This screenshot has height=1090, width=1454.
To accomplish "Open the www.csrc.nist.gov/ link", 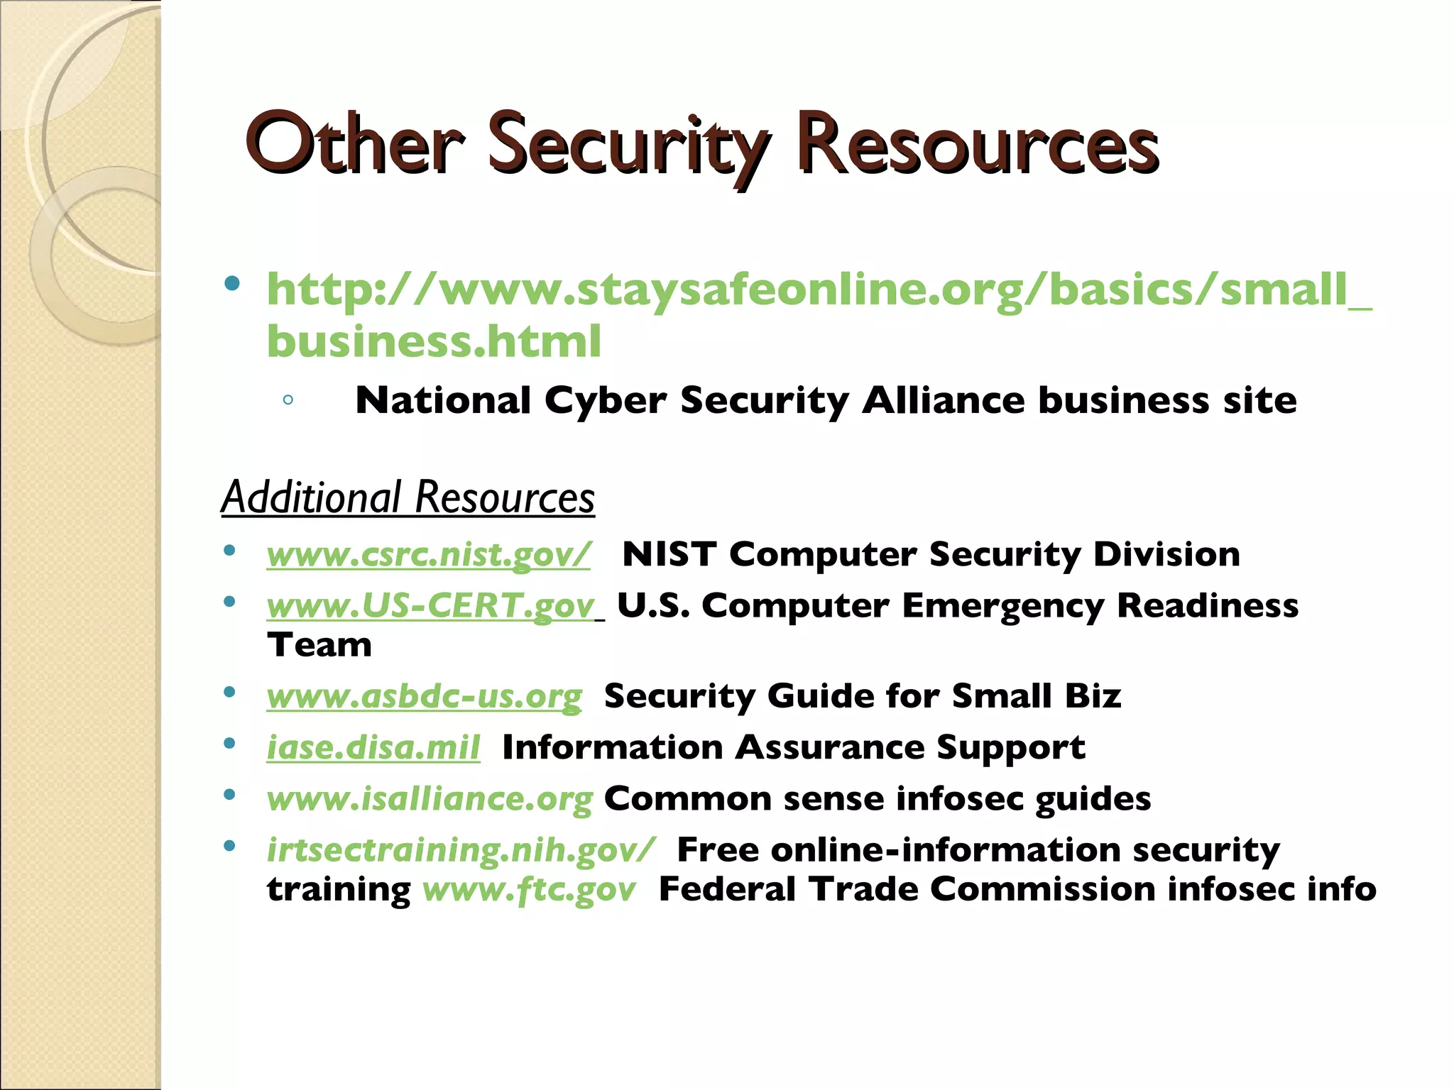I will [428, 554].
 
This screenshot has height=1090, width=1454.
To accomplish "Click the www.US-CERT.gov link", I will [431, 605].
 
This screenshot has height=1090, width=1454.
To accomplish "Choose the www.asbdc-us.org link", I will [424, 696].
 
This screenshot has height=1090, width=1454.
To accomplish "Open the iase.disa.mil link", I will [373, 747].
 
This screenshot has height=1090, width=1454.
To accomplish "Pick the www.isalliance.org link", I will [430, 799].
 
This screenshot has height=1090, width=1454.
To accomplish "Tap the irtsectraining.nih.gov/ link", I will [461, 850].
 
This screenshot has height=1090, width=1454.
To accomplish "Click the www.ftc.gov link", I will [529, 889].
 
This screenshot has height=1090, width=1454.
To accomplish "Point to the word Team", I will [319, 645].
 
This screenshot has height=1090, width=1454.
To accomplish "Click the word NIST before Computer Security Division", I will [669, 554].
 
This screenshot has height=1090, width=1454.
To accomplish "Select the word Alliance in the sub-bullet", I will [943, 400].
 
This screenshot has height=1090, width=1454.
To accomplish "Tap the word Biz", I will [1093, 696].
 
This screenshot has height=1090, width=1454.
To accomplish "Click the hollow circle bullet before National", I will [288, 400].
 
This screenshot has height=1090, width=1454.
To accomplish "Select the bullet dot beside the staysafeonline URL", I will [231, 285].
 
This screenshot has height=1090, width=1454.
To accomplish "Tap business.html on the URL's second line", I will [434, 341].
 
